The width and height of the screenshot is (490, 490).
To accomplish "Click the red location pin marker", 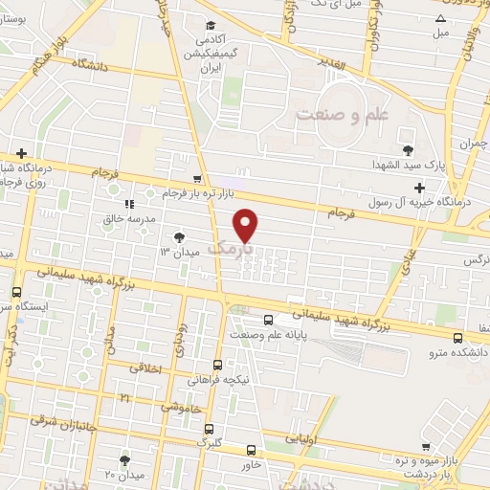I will pyautogui.click(x=247, y=226).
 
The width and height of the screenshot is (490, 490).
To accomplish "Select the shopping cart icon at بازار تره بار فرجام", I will pyautogui.click(x=197, y=179).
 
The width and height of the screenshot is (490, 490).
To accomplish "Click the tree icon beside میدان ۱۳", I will pyautogui.click(x=179, y=236).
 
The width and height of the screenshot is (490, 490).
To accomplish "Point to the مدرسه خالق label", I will pyautogui.click(x=128, y=218).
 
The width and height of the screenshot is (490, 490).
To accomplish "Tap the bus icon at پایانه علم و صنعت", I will pyautogui.click(x=267, y=320).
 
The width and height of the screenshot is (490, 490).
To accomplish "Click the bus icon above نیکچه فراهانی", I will pyautogui.click(x=217, y=365).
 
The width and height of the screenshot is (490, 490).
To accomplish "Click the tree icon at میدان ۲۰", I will pyautogui.click(x=124, y=461).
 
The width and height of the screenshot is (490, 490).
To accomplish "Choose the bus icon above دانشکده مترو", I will pyautogui.click(x=457, y=338).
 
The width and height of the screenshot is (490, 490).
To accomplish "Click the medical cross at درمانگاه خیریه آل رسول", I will pyautogui.click(x=418, y=188).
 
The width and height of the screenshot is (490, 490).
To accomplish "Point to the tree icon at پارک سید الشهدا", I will pyautogui.click(x=409, y=149).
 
